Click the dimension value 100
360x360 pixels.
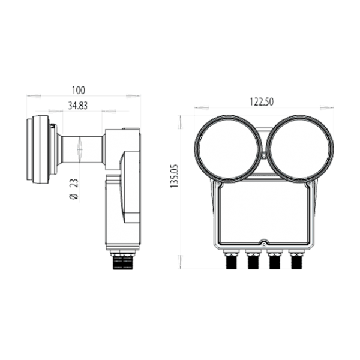pos(78,91)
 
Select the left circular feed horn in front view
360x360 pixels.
pos(228,148)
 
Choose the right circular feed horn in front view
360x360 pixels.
pos(299,148)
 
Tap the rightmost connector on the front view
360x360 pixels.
pos(295,260)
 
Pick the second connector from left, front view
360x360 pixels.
pos(253,260)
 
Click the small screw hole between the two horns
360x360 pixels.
pos(264,154)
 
